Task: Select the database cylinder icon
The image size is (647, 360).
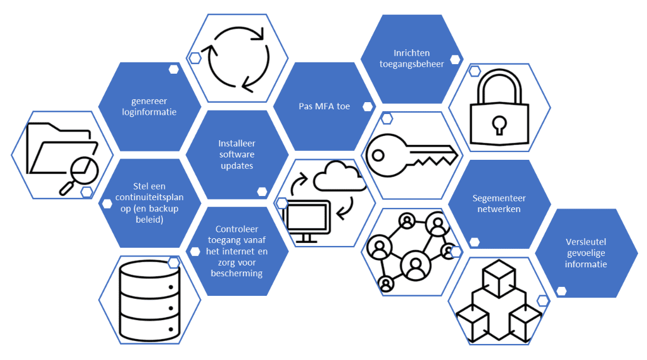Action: [x=150, y=301]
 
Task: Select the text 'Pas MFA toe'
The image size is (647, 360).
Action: [x=324, y=106]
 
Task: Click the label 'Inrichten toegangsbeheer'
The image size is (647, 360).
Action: [x=412, y=58]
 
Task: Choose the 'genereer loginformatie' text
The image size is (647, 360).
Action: [x=149, y=106]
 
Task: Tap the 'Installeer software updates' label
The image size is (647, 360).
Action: [x=237, y=154]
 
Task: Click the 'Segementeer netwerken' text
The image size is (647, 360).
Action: [x=499, y=203]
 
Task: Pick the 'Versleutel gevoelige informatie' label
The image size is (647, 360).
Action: [x=586, y=253]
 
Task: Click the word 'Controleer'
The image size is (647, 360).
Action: [x=237, y=229]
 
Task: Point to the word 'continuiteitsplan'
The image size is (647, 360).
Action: [x=149, y=197]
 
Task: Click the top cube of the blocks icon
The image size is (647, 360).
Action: [x=499, y=279]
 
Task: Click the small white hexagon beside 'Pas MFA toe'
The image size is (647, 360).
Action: [x=368, y=107]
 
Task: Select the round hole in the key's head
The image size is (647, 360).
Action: [x=378, y=156]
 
